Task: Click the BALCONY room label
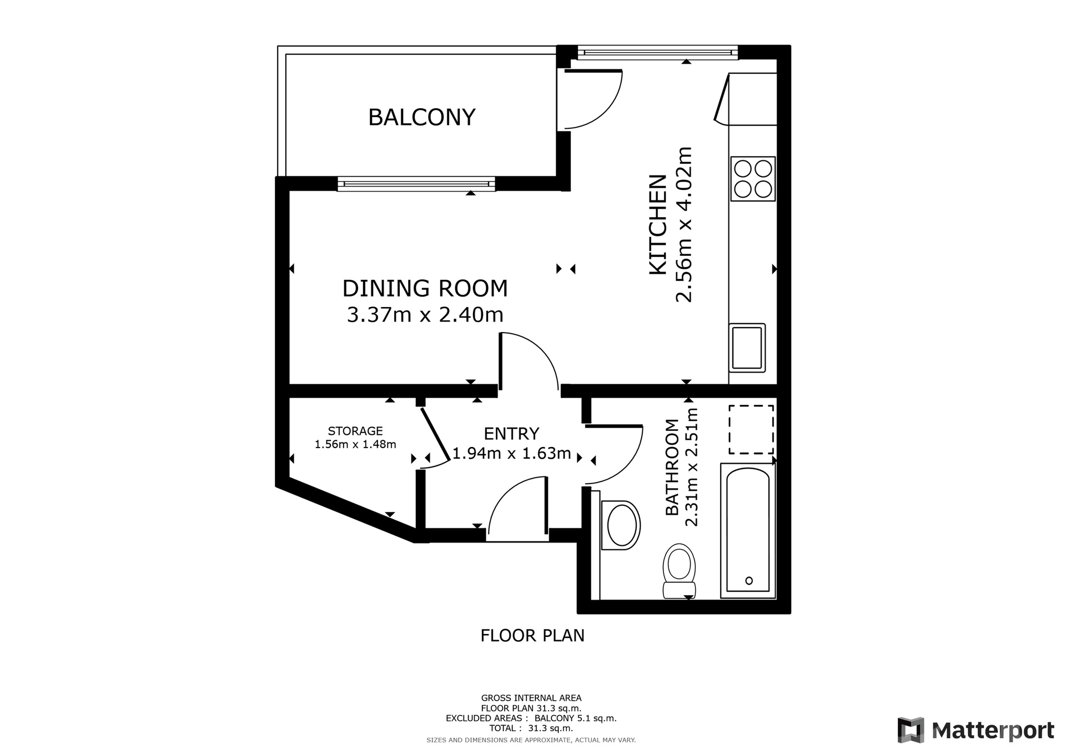[x=422, y=117]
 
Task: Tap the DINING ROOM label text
[x=425, y=289]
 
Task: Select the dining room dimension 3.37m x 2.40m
[x=425, y=315]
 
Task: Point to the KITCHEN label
[x=658, y=224]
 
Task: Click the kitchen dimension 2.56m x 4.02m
[x=684, y=224]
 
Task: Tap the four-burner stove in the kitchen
[x=753, y=179]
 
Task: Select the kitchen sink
[x=747, y=348]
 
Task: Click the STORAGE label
[x=355, y=431]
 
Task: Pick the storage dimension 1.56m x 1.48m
[x=355, y=444]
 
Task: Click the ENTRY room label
[x=511, y=433]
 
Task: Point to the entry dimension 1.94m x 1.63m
[x=512, y=454]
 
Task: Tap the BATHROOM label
[x=672, y=468]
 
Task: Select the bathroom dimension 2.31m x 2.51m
[x=691, y=467]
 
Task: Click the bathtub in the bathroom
[x=748, y=530]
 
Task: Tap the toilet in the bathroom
[x=679, y=571]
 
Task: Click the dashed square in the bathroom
[x=751, y=430]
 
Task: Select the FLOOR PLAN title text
[x=532, y=635]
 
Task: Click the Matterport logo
[x=976, y=730]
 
